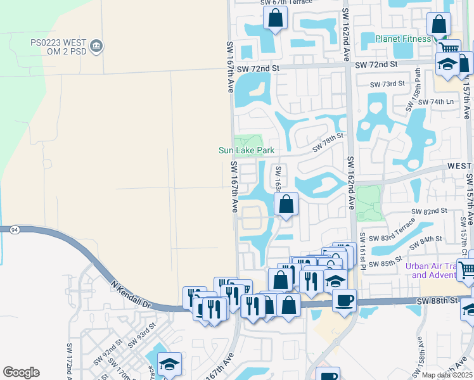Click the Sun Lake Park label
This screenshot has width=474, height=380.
click(247, 150)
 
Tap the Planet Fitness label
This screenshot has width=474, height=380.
click(402, 39)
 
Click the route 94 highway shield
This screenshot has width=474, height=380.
click(13, 231)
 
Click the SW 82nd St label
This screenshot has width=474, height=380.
click(429, 210)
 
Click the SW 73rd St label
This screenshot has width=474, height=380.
click(387, 84)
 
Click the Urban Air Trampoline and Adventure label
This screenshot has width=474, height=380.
click(436, 270)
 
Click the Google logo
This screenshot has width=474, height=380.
click(21, 372)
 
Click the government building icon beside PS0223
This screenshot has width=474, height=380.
click(97, 45)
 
